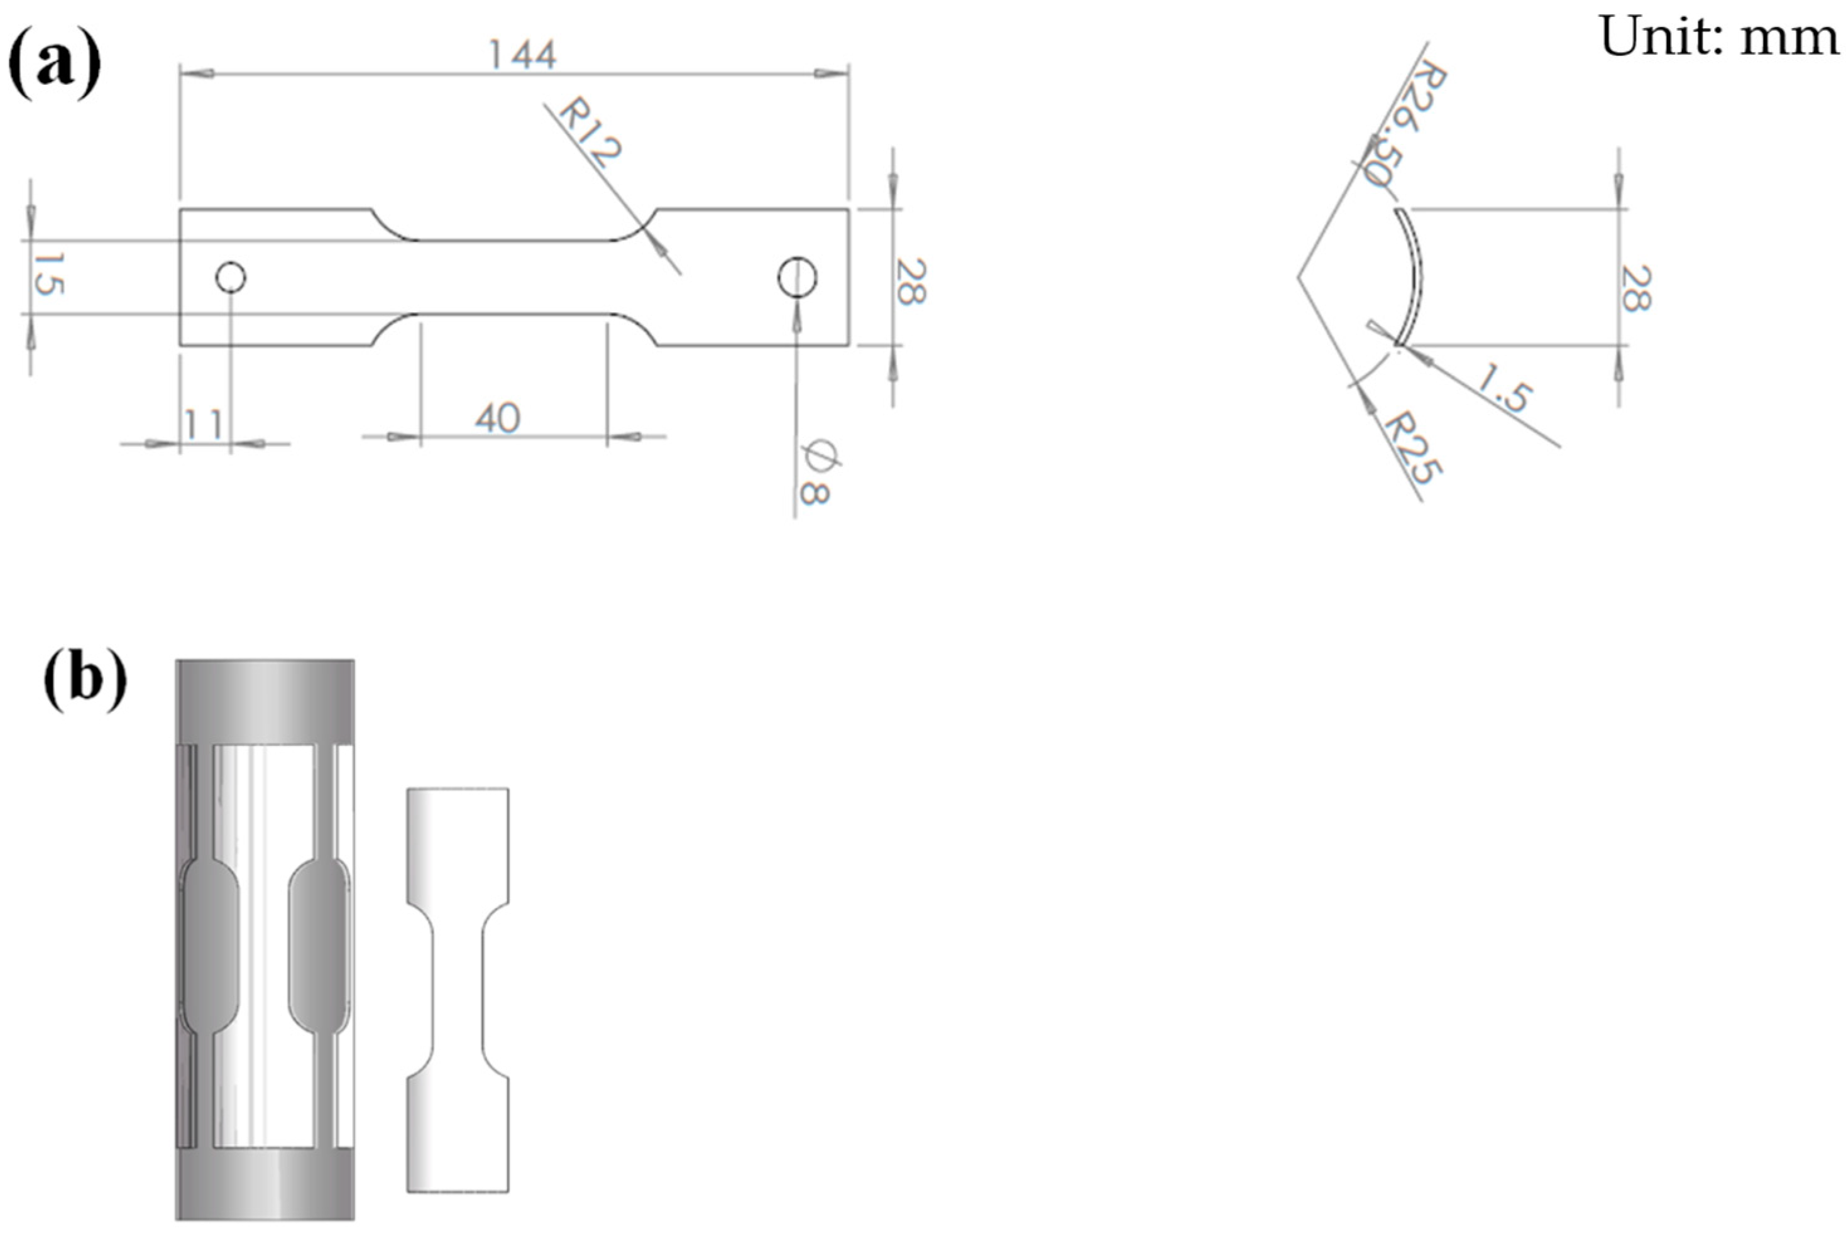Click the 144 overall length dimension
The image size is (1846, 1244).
pos(522,55)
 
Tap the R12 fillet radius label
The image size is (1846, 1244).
pos(590,132)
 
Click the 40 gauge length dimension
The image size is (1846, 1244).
pos(498,418)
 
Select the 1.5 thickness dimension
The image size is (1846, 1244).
pos(1504,388)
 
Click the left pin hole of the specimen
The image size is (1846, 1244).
pos(231,278)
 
